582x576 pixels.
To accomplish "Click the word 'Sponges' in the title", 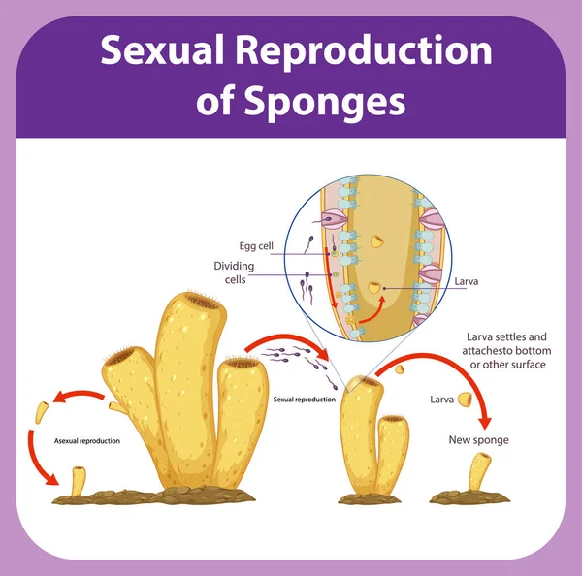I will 301,100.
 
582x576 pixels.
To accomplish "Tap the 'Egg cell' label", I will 256,245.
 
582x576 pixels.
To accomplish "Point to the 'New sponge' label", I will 478,439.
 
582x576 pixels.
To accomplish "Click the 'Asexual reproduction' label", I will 87,441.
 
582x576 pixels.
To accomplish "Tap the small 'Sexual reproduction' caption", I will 305,399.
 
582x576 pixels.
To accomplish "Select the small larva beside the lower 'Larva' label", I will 467,400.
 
